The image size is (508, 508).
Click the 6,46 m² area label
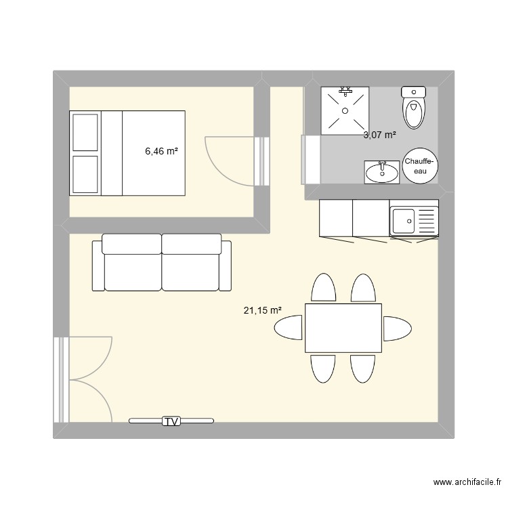(x=161, y=152)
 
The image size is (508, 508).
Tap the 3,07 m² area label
(x=379, y=135)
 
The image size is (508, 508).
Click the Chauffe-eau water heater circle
(x=420, y=166)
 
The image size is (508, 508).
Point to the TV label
(x=171, y=421)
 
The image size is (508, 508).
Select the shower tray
(x=345, y=110)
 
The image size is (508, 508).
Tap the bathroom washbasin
(x=382, y=172)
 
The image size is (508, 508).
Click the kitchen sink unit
(x=414, y=218)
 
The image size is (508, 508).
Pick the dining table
(x=343, y=329)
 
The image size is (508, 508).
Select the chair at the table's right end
(x=397, y=329)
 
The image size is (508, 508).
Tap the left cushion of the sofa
(x=131, y=263)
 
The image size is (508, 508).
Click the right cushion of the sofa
(x=192, y=263)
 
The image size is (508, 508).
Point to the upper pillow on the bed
(x=85, y=132)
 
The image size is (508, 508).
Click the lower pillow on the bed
(x=85, y=174)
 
